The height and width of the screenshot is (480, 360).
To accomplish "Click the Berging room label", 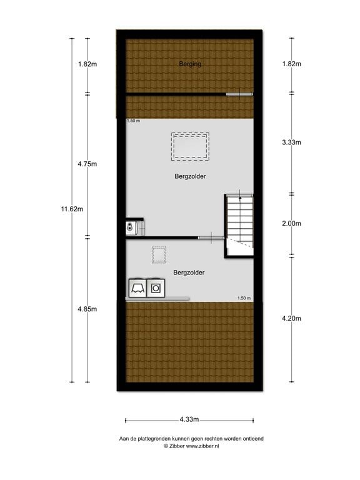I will (x=190, y=64).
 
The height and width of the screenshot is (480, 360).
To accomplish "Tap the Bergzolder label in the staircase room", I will (x=190, y=176).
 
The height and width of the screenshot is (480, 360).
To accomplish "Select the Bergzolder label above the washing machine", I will (x=189, y=272).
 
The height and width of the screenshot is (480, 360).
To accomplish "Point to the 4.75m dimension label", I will (x=87, y=164).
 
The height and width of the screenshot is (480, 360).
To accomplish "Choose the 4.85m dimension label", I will (x=87, y=309).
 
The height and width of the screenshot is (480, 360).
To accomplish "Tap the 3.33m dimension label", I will (x=292, y=142).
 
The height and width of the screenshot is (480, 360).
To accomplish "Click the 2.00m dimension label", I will (x=292, y=223).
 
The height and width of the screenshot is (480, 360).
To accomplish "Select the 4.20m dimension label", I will (x=292, y=319).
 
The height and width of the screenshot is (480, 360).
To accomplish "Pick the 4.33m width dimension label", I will (x=188, y=420).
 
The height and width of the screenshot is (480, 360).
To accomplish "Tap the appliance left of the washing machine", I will (x=137, y=287).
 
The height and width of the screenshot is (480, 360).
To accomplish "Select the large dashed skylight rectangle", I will (x=190, y=146).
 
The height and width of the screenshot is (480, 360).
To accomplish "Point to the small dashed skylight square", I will (x=159, y=256).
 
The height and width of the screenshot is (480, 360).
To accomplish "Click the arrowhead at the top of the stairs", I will (x=239, y=197).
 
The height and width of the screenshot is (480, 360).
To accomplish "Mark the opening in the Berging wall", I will (x=240, y=94).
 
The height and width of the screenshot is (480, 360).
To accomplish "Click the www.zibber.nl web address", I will (x=202, y=446).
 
